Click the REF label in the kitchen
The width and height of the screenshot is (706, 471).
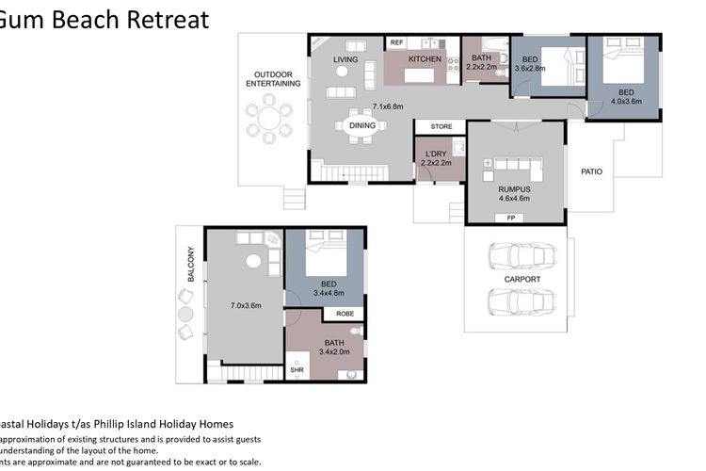396,42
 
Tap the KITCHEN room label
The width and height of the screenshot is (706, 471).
425,59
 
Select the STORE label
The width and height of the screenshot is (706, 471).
441,126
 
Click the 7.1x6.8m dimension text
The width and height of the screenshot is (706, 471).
388,106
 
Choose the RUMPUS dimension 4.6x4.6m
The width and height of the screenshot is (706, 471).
514,199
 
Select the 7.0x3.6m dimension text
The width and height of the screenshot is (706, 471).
245,305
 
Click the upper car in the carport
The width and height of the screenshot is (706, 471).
514,256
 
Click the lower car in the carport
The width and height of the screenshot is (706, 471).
514,301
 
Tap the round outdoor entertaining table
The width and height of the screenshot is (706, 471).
269,121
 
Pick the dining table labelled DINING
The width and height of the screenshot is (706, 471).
362,125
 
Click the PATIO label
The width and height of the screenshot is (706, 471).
590,171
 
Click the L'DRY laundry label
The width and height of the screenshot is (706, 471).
435,154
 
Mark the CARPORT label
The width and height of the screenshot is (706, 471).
522,279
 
